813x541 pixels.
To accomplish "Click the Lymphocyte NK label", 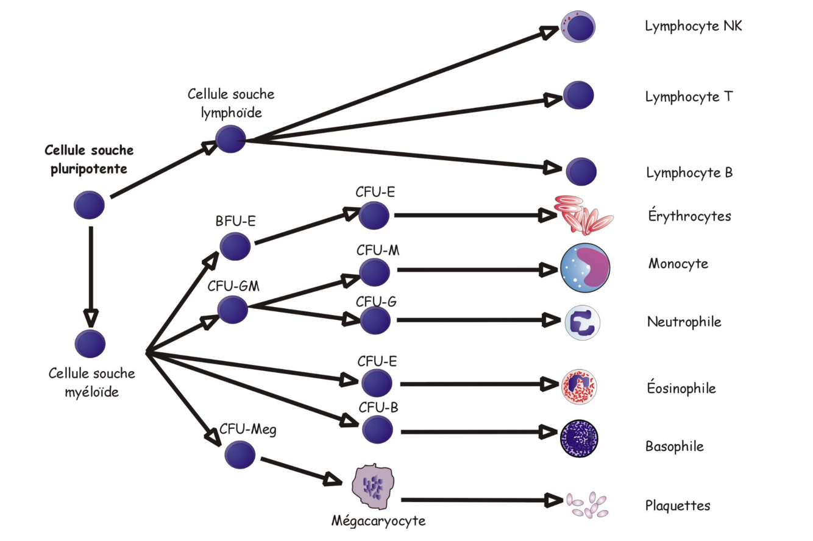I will pyautogui.click(x=693, y=26).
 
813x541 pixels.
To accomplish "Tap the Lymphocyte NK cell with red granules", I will pyautogui.click(x=577, y=26).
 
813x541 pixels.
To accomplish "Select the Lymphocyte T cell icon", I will pyautogui.click(x=578, y=95).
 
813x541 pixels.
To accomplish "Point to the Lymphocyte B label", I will pyautogui.click(x=689, y=173).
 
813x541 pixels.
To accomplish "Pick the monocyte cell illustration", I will pyautogui.click(x=584, y=269).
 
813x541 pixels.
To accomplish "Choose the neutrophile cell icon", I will pyautogui.click(x=583, y=322).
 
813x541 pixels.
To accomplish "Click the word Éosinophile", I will pyautogui.click(x=681, y=388).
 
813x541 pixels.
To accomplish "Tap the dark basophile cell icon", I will pyautogui.click(x=578, y=438).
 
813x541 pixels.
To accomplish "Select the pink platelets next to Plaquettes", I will pyautogui.click(x=586, y=504).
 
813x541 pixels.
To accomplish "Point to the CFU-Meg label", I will pyautogui.click(x=248, y=430).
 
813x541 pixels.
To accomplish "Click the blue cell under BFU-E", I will pyautogui.click(x=235, y=246).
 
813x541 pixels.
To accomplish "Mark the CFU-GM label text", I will pyautogui.click(x=233, y=286).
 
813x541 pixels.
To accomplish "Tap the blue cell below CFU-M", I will pyautogui.click(x=374, y=272).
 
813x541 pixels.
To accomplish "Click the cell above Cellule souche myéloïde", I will pyautogui.click(x=90, y=344).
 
